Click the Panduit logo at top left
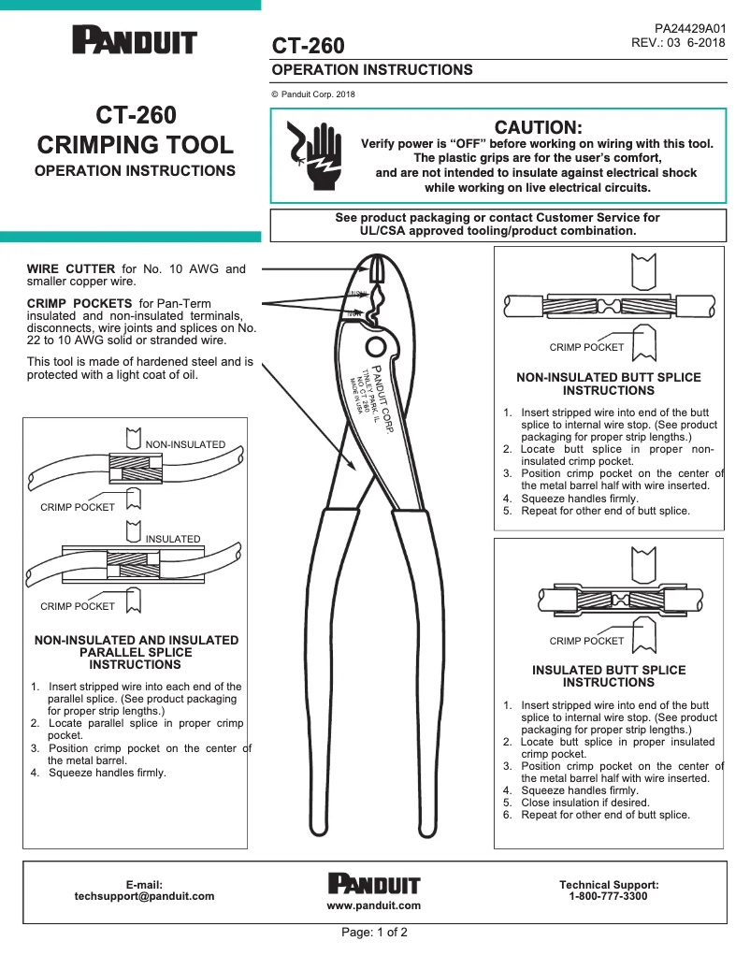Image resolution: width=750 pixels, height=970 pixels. click(x=135, y=42)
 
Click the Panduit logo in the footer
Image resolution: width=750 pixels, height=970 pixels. click(x=374, y=884)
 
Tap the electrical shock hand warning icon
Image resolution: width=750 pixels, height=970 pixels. click(x=312, y=154)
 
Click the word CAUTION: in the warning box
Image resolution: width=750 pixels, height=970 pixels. click(x=538, y=127)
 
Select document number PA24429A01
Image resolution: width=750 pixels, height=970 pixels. click(x=689, y=29)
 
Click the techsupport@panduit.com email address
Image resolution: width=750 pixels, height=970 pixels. click(x=144, y=896)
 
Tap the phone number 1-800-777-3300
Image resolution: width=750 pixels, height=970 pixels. click(x=608, y=896)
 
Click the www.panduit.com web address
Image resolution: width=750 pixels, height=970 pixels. click(x=373, y=905)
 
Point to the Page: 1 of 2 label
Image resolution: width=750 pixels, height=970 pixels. click(x=374, y=933)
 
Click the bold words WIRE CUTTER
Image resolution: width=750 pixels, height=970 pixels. click(x=71, y=269)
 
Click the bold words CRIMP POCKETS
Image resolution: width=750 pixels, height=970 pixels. click(x=79, y=304)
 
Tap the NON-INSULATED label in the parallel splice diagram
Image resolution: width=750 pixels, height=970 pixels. click(x=185, y=444)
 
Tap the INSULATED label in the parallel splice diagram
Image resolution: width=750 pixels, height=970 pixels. click(x=173, y=539)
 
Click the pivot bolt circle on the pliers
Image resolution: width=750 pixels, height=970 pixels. click(x=376, y=348)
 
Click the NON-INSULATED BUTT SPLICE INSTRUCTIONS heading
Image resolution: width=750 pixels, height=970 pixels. click(x=609, y=384)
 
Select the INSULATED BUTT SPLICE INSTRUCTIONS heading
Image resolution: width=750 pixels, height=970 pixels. click(x=609, y=676)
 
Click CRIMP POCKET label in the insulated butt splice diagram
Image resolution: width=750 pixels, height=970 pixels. click(x=585, y=641)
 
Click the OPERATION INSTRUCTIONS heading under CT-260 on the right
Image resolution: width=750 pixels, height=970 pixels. click(x=372, y=70)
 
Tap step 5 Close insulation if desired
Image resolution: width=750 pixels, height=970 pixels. click(x=575, y=803)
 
